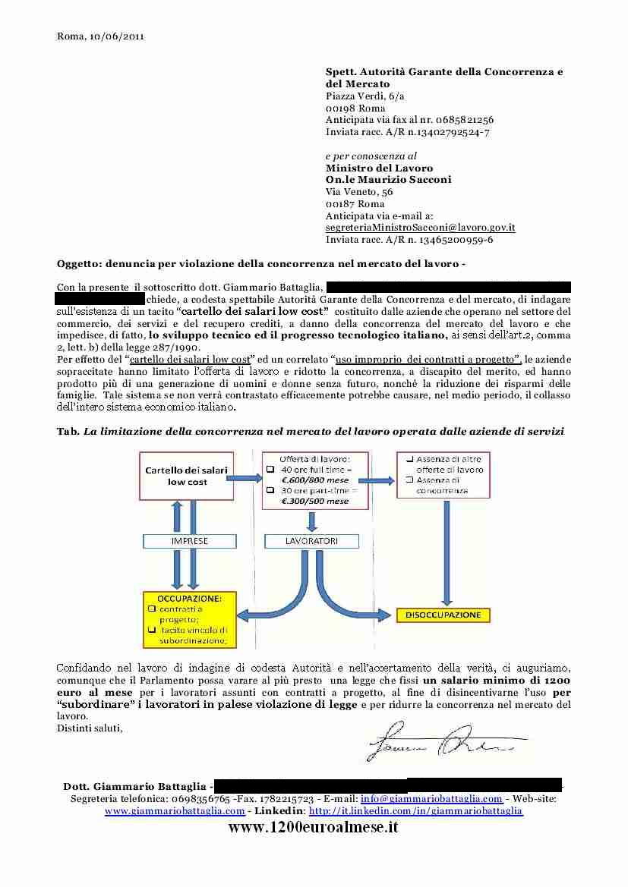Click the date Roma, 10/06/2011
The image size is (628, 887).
point(101,36)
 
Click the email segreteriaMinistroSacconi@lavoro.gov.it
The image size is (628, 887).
point(421,227)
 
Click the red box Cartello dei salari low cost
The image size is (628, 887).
point(187,476)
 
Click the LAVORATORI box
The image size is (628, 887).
point(311,542)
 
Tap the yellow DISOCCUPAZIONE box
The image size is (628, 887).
point(443,615)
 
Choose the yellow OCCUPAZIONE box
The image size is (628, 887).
point(190,619)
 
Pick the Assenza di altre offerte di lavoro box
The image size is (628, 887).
point(443,475)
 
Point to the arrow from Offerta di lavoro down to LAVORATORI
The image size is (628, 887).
point(312,521)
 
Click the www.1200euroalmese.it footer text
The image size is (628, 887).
point(314,827)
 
